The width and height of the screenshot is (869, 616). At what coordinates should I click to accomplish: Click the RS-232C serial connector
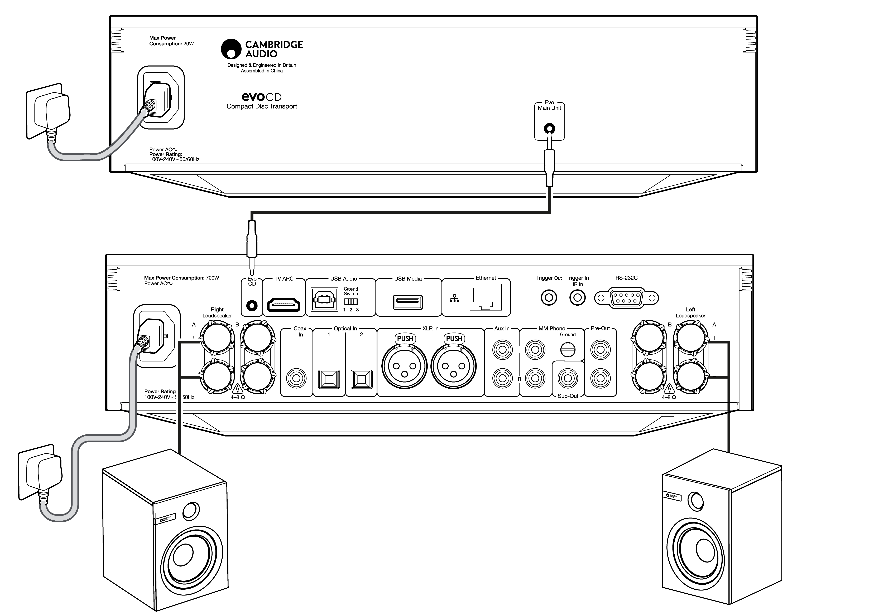(x=626, y=298)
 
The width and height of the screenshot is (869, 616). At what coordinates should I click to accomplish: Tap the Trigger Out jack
(x=549, y=297)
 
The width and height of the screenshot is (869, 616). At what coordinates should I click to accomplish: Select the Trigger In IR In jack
(x=577, y=297)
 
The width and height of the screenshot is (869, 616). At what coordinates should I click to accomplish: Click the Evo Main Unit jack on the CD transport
(x=549, y=129)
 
